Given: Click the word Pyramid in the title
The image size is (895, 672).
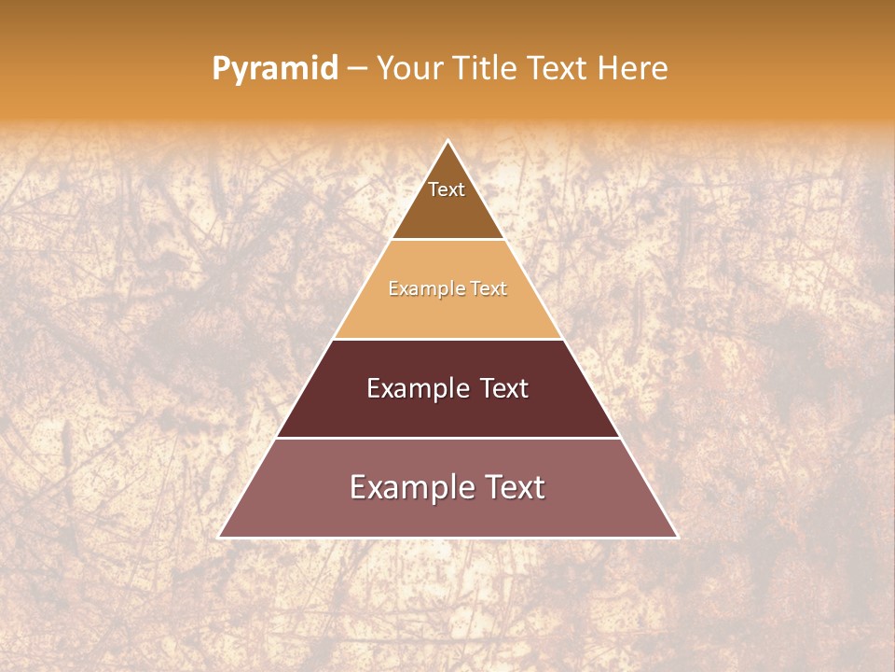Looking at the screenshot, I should tap(275, 69).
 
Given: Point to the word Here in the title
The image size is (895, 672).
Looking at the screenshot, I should tap(633, 68).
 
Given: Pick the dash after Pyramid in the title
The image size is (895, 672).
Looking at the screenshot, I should tap(357, 69).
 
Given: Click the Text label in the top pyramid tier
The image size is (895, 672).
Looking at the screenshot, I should tap(447, 189).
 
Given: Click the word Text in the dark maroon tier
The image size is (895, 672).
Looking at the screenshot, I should tap(504, 388).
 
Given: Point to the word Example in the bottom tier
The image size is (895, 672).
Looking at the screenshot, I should tap(411, 487).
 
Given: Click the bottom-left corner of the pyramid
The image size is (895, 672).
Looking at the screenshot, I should tap(220, 537).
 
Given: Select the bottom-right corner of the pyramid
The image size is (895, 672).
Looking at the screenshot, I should tap(677, 537).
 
